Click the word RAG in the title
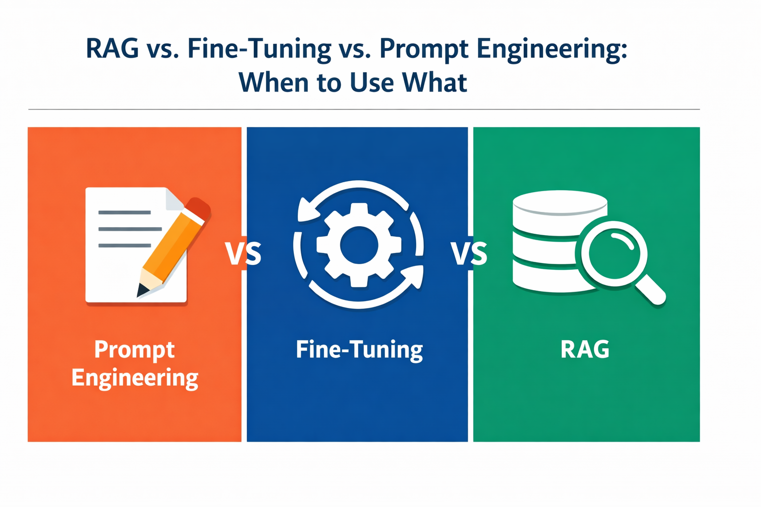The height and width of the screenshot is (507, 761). click(112, 48)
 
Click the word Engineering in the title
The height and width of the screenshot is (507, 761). click(552, 51)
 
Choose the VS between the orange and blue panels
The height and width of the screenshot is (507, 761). click(243, 253)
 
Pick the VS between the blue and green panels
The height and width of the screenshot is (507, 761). click(469, 253)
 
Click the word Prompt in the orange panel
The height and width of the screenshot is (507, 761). click(135, 350)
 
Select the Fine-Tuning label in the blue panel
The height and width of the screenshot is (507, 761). click(359, 350)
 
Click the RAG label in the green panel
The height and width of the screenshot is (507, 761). click(585, 349)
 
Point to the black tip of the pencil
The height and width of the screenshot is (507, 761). click(142, 290)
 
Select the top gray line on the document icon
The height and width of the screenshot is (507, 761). click(124, 212)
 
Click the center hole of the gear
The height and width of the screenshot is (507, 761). click(359, 245)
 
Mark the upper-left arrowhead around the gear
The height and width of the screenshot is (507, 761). click(308, 210)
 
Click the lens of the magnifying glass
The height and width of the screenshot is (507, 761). click(614, 253)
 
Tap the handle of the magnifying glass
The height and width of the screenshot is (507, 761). click(650, 289)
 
